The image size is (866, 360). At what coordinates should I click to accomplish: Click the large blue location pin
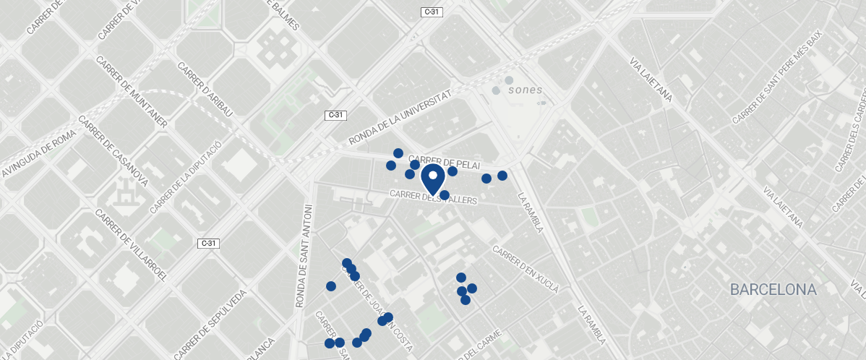(432, 179)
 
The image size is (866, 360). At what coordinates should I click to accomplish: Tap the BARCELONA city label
(773, 290)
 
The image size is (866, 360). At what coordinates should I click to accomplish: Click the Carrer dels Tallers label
(433, 197)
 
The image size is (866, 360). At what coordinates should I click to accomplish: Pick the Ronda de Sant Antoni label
(304, 256)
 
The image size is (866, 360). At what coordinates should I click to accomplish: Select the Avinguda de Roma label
(39, 150)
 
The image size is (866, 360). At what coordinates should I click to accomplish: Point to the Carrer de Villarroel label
(132, 246)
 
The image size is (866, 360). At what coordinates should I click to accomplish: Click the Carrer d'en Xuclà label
(526, 268)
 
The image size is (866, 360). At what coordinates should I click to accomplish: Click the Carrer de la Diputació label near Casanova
(185, 177)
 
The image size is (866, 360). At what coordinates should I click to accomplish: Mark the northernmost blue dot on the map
(398, 153)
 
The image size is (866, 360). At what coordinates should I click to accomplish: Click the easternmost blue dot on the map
(502, 176)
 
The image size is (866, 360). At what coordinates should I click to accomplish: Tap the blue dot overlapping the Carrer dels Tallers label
(445, 195)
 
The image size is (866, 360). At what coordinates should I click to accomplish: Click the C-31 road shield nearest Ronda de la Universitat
(335, 115)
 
